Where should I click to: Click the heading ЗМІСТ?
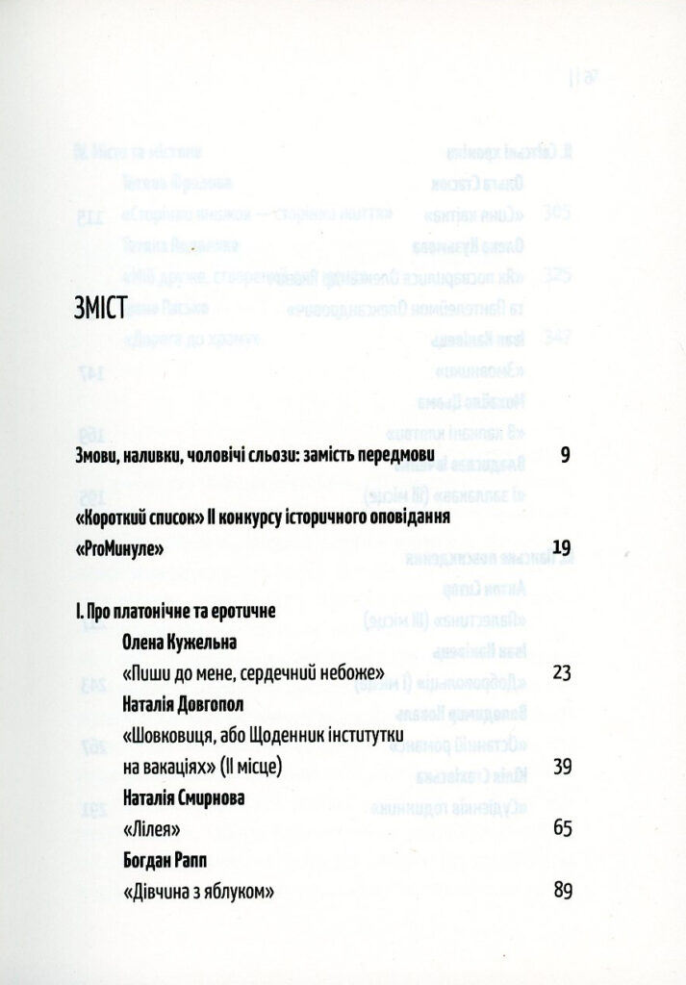[101, 309]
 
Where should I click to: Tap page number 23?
[563, 671]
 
